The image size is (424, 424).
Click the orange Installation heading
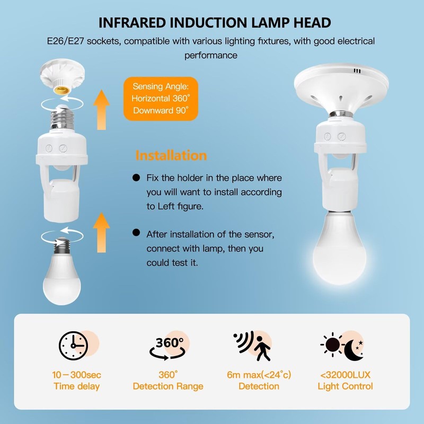tap(171, 156)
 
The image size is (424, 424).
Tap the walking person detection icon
tap(252, 346)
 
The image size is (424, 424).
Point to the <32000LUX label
tap(345, 375)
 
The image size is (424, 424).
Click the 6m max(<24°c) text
tap(259, 375)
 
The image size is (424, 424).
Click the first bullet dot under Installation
tap(137, 178)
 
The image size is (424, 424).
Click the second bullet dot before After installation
tap(137, 233)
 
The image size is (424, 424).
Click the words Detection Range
tap(167, 386)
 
